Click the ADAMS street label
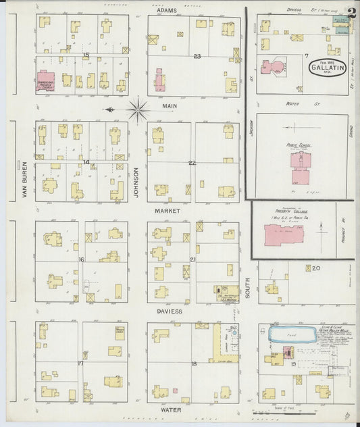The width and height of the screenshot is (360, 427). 166,11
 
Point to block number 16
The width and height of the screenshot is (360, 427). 81,259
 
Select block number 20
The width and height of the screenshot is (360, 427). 315,268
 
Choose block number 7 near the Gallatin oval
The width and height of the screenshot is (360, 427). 306,55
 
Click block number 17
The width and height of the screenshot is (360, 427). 80,363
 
